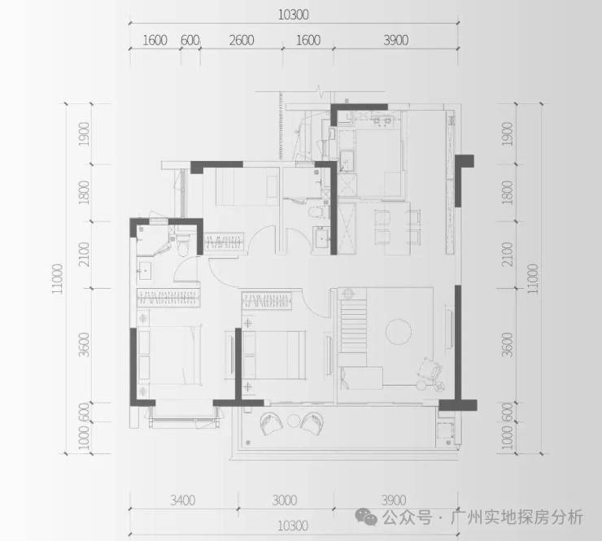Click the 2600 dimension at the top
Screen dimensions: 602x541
click(x=242, y=41)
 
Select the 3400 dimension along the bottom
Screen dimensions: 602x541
click(x=183, y=500)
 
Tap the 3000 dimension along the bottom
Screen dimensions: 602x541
click(x=285, y=500)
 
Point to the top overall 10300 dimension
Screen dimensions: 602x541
click(x=294, y=15)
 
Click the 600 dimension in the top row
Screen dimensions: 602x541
click(x=190, y=41)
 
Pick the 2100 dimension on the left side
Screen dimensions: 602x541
click(x=84, y=254)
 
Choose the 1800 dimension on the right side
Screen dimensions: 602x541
click(x=507, y=193)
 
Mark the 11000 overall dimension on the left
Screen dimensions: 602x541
click(x=57, y=279)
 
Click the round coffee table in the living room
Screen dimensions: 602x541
click(x=399, y=331)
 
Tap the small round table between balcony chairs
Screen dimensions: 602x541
click(x=294, y=421)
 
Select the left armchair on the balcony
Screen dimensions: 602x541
click(x=272, y=424)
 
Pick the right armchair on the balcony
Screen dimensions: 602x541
click(x=312, y=424)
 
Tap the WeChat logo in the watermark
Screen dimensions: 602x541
click(x=366, y=517)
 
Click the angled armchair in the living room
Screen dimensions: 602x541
click(x=430, y=371)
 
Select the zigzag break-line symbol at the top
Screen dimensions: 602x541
click(x=320, y=91)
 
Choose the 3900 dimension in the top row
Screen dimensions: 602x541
click(x=396, y=41)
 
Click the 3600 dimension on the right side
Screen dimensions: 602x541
click(x=507, y=345)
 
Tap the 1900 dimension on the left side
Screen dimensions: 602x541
click(x=84, y=134)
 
